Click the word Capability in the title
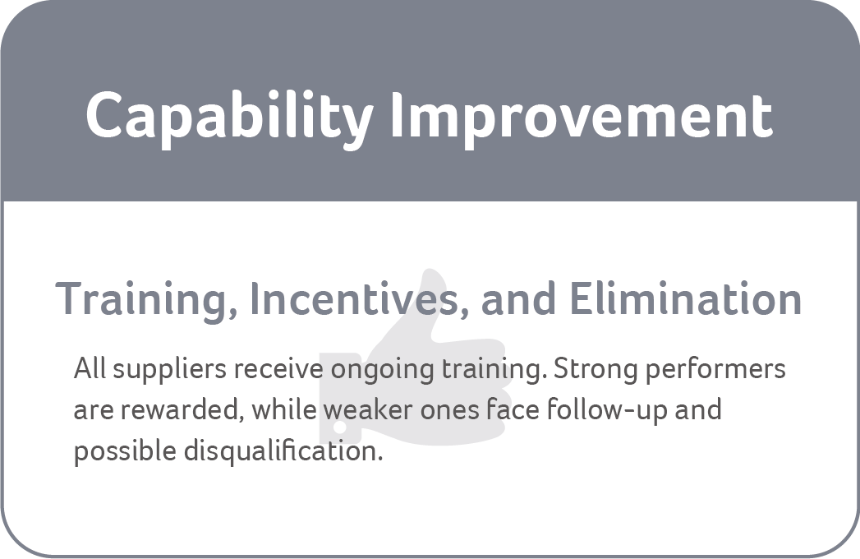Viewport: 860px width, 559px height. pyautogui.click(x=229, y=118)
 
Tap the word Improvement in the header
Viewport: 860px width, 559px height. pyautogui.click(x=582, y=118)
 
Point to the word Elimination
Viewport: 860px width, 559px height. pyautogui.click(x=686, y=298)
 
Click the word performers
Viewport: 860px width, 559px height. pyautogui.click(x=715, y=369)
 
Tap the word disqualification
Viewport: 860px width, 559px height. pyautogui.click(x=283, y=451)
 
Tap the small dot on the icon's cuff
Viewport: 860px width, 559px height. pyautogui.click(x=340, y=427)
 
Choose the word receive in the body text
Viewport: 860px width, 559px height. pyautogui.click(x=278, y=369)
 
